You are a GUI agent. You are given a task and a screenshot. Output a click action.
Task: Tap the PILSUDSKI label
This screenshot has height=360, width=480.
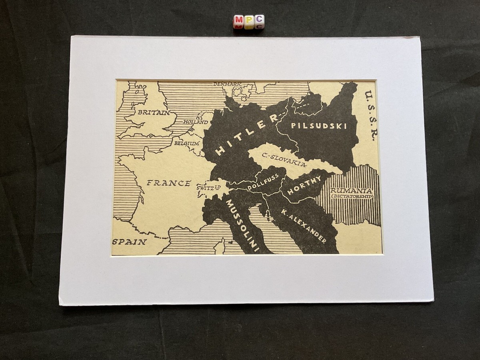coord(318,126)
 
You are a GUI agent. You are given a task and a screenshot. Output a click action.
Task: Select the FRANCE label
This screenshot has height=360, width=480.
coord(168,183)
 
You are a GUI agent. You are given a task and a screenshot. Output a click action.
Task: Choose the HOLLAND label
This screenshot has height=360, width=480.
coord(196,122)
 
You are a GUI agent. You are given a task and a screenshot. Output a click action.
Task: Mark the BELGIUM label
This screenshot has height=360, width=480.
coord(186,143)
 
